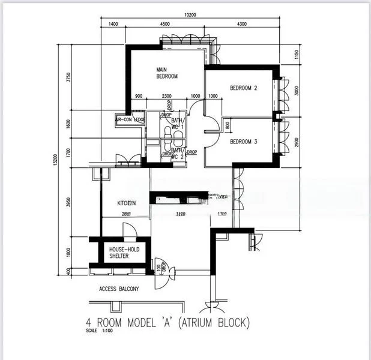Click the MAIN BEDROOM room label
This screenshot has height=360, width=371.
(x=167, y=73)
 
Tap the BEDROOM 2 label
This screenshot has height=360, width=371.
(x=244, y=88)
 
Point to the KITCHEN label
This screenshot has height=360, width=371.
(x=126, y=203)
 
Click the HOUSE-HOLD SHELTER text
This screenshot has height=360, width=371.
(x=122, y=253)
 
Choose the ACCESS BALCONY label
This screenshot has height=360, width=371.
(x=119, y=289)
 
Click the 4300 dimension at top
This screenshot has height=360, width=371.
(x=241, y=24)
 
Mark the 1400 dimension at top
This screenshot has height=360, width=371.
(x=113, y=24)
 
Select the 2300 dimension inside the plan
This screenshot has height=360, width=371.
(x=166, y=97)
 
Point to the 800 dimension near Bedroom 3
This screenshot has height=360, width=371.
(x=227, y=125)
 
